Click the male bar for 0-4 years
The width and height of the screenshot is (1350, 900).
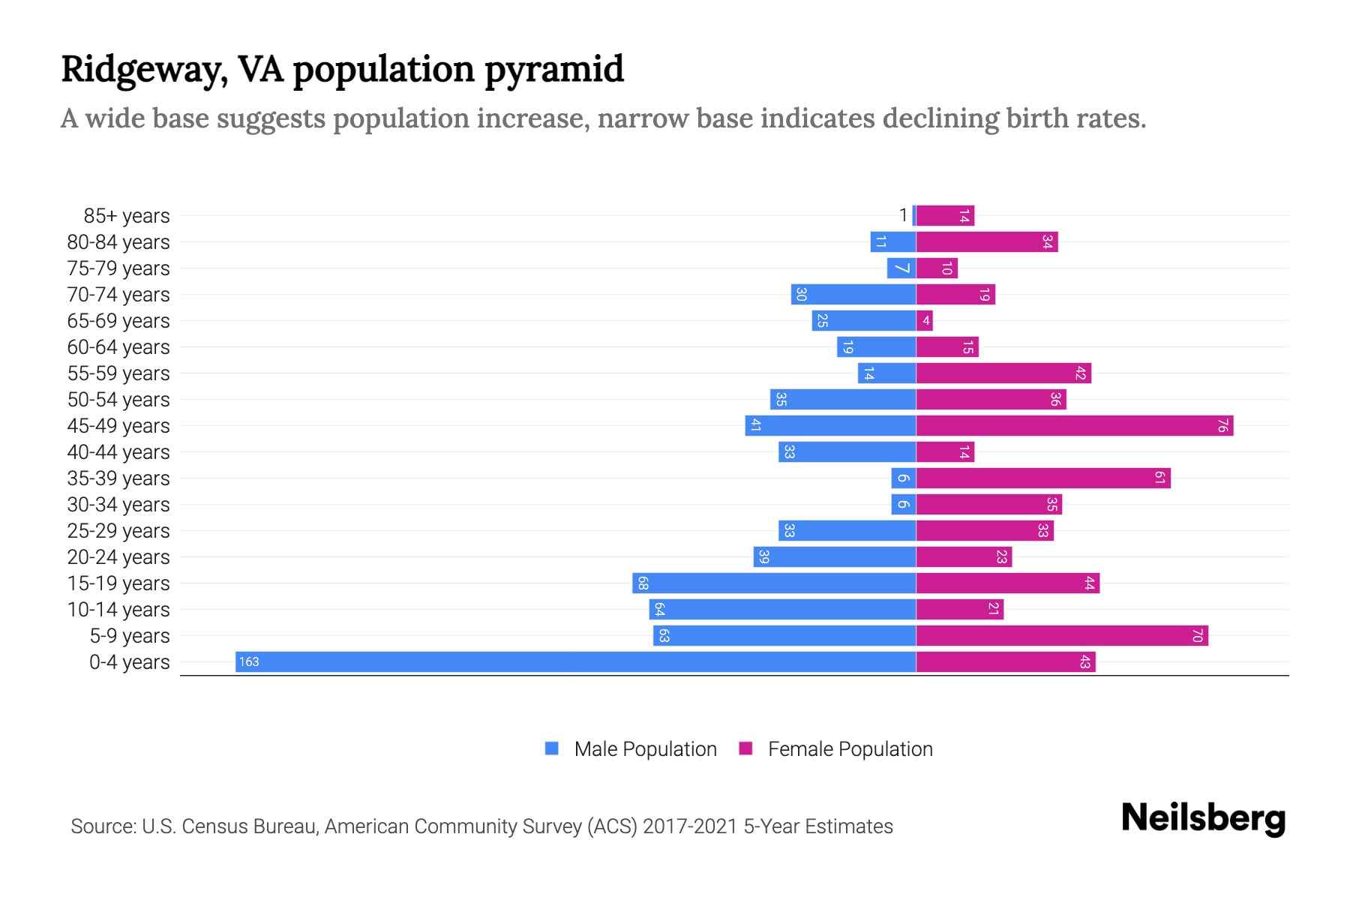point(575,661)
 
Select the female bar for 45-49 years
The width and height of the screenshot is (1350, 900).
point(1074,425)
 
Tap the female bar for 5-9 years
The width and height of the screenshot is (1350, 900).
point(1061,635)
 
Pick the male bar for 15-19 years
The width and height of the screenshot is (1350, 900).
point(774,583)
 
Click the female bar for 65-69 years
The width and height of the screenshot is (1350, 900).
point(924,321)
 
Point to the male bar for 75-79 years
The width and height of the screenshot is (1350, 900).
point(901,268)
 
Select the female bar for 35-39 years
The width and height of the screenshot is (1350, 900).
point(1042,478)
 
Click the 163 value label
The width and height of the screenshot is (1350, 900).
point(249,661)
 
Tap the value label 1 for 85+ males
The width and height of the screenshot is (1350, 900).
point(903,215)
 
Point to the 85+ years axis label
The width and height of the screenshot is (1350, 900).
point(126,216)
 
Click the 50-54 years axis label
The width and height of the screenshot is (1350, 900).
point(118,400)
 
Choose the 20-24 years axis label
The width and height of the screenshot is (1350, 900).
point(118,557)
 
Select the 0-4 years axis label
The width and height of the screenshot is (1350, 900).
point(129,662)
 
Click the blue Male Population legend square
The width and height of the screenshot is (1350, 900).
point(552,748)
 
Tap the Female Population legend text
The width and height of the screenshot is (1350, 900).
point(850,749)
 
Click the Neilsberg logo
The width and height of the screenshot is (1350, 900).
point(1203,818)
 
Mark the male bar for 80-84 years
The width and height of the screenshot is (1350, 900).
point(892,242)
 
